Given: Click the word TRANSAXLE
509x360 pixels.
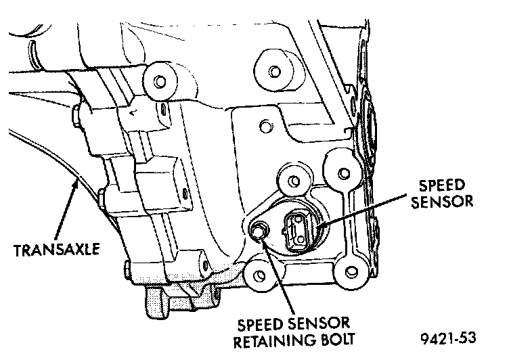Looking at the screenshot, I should coord(57,250).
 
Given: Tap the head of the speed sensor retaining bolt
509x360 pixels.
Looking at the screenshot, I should coord(258,232).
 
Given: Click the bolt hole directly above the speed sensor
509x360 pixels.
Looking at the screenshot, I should coord(292,181).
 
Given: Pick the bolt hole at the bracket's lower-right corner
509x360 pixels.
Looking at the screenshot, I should coord(349,272).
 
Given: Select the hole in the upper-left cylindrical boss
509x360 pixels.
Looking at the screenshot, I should coord(160,83).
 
